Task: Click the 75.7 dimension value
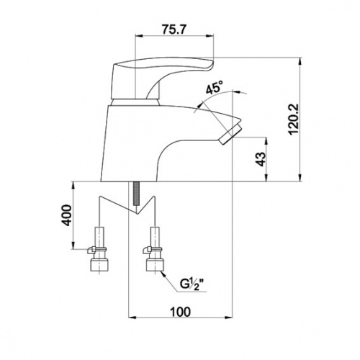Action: coord(174,30)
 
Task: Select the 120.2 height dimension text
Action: coord(294,120)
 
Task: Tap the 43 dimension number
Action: coord(261,159)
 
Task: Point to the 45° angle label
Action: coord(215,87)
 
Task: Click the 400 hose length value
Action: coord(66,215)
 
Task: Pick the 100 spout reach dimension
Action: coord(180,312)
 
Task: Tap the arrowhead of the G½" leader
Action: coord(163,273)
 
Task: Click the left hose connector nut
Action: coord(100,265)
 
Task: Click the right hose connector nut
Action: coord(156,265)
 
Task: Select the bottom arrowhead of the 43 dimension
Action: coord(266,178)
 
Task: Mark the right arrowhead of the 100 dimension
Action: coord(229,318)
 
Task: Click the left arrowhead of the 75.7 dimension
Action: coord(140,36)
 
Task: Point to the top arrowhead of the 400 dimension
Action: coord(73,186)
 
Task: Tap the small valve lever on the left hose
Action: coord(91,251)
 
